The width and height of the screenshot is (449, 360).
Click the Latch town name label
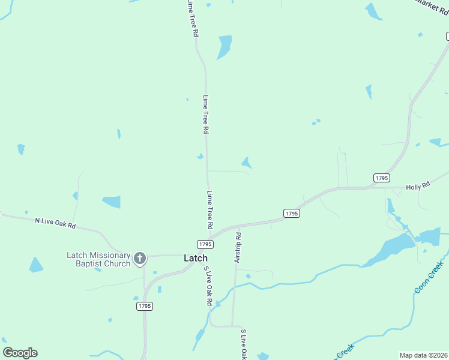pos(195,258)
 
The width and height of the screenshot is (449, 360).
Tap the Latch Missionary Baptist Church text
pos(98,259)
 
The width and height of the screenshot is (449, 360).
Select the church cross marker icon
pos(140,259)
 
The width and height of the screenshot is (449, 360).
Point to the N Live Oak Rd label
pos(55,223)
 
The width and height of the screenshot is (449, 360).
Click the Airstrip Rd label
pos(238,247)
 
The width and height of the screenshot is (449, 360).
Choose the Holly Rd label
pos(418,187)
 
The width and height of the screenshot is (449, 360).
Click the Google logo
pos(20,353)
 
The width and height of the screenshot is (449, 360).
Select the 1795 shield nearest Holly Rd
pos(381,178)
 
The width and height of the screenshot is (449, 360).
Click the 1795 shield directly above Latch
pos(205,244)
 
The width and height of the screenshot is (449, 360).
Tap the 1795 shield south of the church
pos(144,306)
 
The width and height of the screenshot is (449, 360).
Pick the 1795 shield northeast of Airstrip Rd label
pos(291,213)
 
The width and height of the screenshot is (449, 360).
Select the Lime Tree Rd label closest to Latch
pos(210,210)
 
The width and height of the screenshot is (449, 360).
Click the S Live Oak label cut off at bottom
pos(243,344)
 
